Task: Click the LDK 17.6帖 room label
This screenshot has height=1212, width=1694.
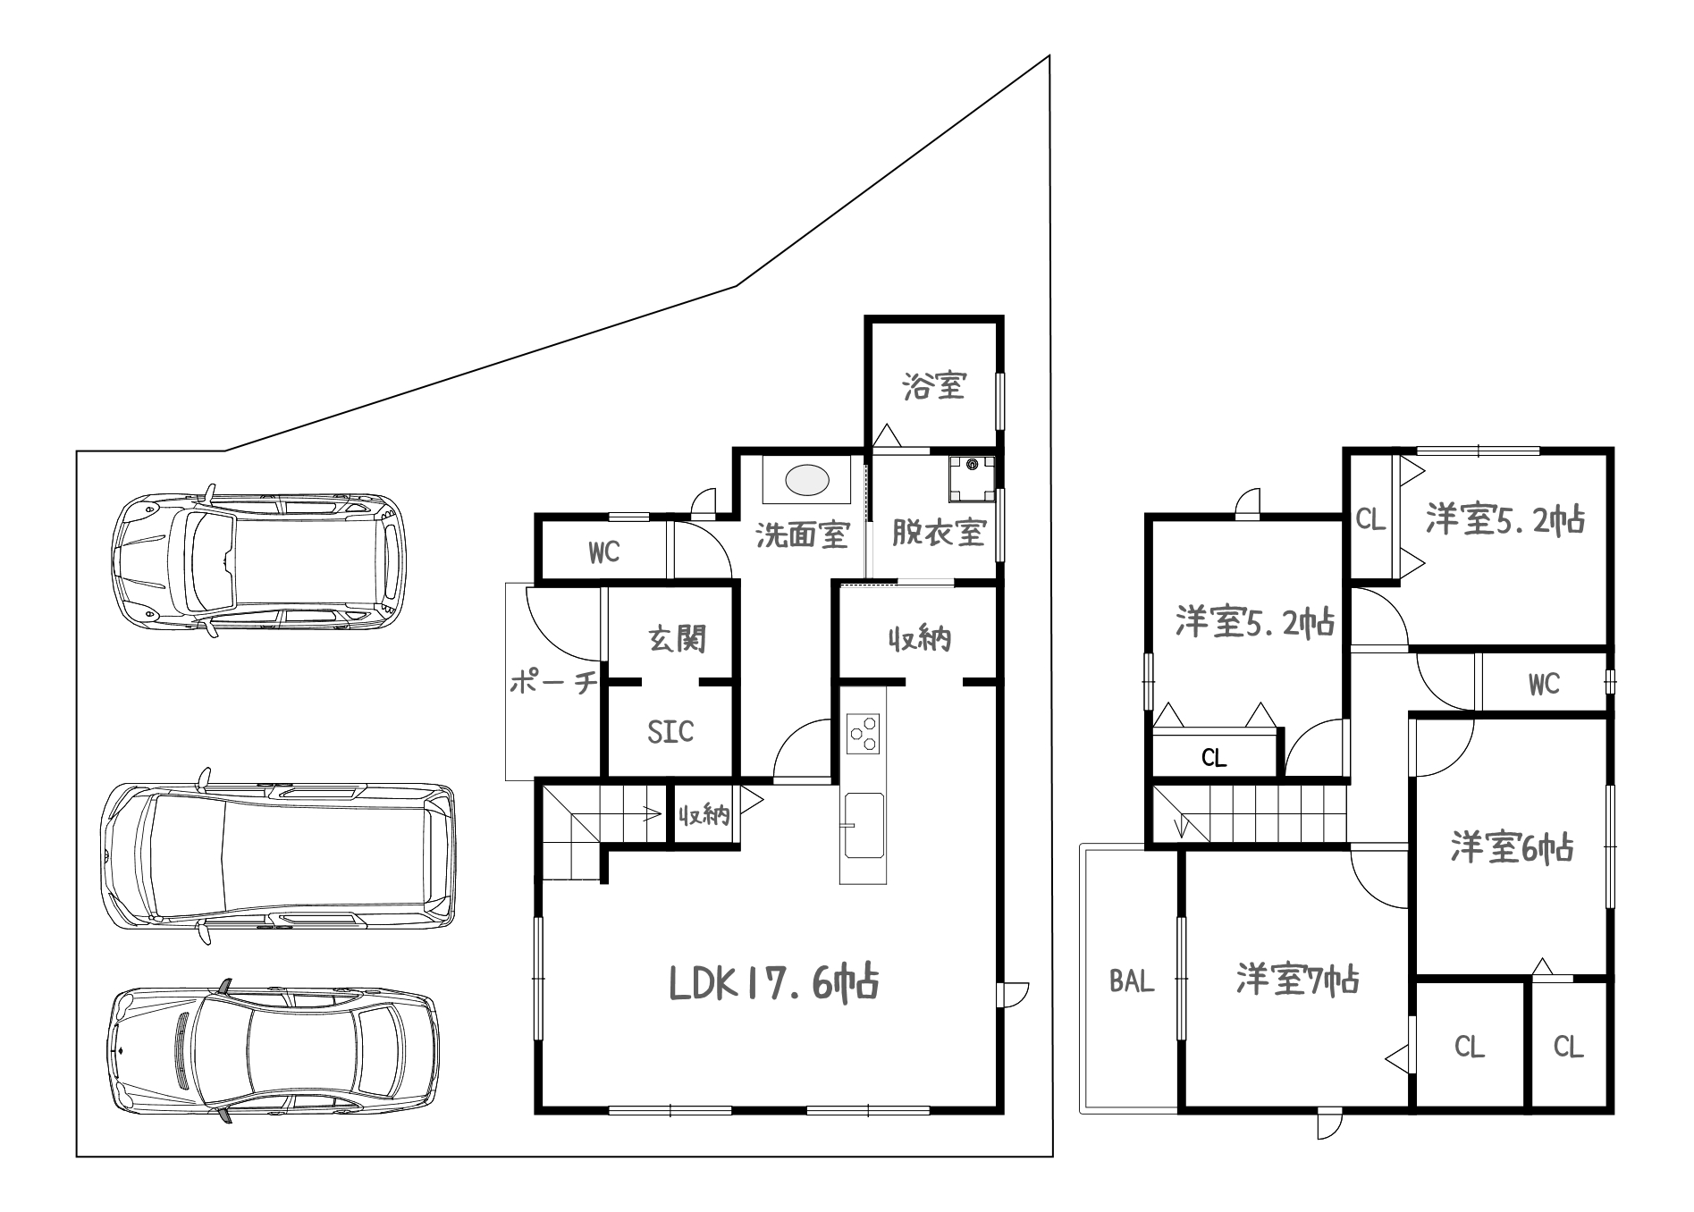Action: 774,983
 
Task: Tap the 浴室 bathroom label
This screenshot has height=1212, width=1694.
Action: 933,386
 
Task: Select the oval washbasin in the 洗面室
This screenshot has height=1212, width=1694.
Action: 807,480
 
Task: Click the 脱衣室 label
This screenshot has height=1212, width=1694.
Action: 939,534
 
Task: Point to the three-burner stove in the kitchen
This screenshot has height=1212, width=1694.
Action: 864,735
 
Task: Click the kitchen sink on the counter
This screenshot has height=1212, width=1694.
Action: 864,825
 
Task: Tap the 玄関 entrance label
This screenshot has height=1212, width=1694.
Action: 678,639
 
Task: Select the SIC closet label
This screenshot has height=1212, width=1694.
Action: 670,732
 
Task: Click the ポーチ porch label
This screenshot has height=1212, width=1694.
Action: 553,684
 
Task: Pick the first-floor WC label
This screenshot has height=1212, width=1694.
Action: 604,552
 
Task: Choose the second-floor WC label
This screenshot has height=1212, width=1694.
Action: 1544,685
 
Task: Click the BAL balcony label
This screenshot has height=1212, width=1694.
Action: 1132,981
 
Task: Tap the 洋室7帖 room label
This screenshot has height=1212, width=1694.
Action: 1298,980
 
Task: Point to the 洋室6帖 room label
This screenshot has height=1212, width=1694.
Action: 1512,846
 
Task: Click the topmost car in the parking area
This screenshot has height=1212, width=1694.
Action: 257,560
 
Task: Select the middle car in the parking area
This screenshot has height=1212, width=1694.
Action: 278,855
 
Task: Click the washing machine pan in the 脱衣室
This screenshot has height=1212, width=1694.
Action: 971,480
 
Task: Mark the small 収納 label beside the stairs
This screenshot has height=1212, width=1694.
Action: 704,814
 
